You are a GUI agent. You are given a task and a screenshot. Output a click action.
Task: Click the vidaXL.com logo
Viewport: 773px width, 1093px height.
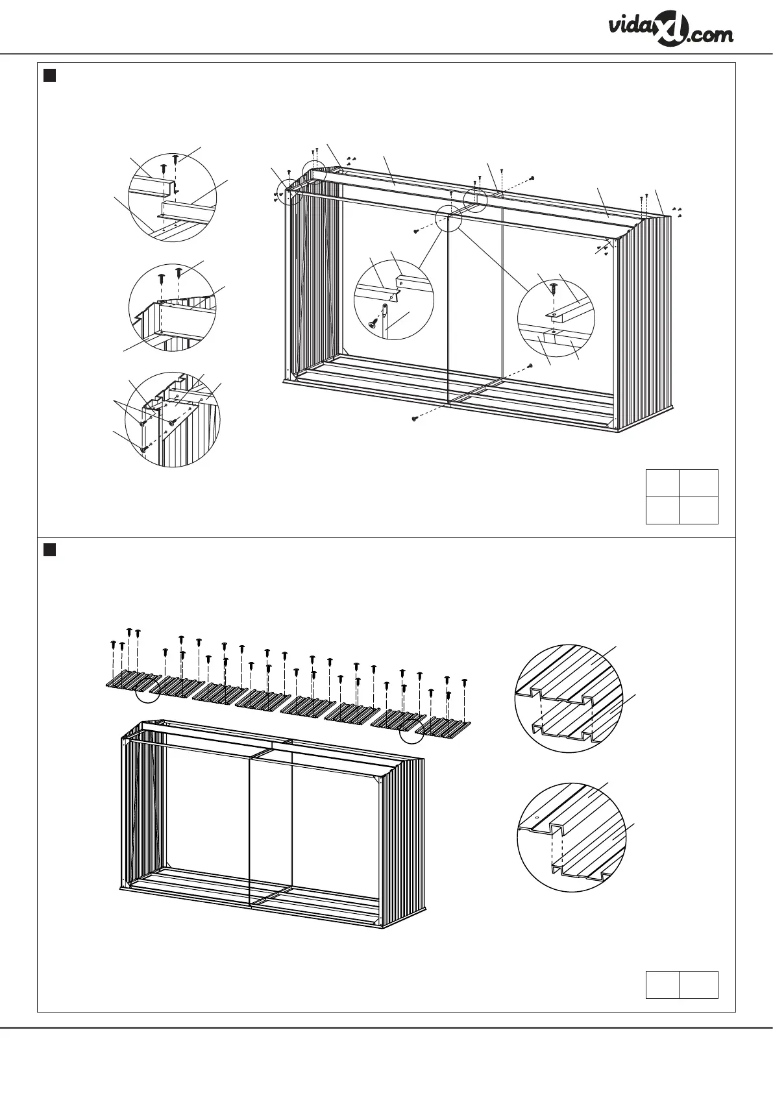point(671,31)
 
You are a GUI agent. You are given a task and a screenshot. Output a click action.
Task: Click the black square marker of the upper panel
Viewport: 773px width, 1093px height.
point(49,75)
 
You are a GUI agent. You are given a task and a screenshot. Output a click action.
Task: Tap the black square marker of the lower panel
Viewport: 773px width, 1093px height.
point(49,550)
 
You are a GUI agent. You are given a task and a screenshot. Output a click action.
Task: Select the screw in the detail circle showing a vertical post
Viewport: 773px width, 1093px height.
point(373,321)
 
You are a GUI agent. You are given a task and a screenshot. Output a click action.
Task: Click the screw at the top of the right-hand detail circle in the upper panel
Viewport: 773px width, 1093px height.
point(553,286)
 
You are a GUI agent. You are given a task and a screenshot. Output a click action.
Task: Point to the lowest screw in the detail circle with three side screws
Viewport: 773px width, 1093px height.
point(142,448)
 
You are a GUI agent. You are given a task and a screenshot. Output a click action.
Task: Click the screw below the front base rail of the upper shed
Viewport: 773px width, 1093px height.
point(415,419)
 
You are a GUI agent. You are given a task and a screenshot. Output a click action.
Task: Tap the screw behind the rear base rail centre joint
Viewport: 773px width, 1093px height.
point(531,366)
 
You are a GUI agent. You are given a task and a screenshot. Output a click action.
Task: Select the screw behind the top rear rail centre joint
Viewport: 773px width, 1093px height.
point(532,177)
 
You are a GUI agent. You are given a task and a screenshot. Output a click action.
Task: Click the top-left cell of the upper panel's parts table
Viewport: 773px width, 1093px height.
point(663,483)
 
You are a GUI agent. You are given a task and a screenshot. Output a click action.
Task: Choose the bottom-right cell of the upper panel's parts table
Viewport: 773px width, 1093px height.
point(699,510)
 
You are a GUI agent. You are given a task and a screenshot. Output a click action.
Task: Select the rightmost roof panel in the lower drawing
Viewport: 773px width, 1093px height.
point(443,728)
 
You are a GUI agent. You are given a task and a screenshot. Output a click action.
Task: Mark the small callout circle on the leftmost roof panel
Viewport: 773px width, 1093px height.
point(147,692)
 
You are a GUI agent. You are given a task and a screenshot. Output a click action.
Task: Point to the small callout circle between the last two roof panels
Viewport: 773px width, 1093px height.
point(411,731)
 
